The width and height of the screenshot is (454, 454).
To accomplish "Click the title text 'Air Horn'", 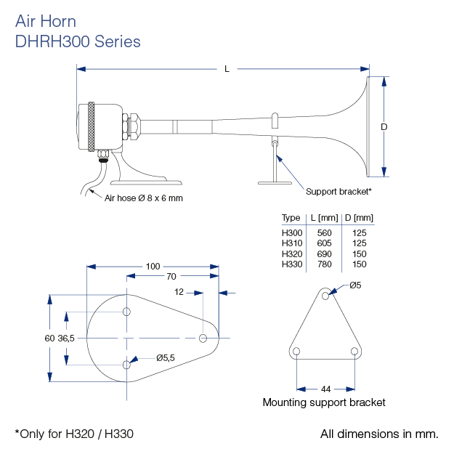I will click(45, 22).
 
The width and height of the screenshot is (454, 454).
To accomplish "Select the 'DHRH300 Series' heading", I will click(78, 41).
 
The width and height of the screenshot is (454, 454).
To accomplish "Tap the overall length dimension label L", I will click(227, 69).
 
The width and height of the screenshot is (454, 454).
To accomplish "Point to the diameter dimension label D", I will click(384, 127).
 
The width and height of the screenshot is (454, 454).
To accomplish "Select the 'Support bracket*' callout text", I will click(339, 192).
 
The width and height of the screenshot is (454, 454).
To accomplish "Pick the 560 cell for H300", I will click(324, 232).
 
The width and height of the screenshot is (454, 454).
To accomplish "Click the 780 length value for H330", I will click(324, 264).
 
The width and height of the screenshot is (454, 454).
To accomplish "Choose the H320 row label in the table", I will click(292, 254).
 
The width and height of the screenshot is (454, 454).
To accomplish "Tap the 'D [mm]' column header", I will click(359, 218).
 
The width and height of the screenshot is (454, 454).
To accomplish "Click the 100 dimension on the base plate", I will click(153, 267).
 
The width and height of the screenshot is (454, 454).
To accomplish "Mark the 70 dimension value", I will click(171, 277).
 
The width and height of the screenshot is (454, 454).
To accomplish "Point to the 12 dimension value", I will click(179, 292).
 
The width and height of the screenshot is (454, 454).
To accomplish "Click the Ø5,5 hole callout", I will click(167, 357).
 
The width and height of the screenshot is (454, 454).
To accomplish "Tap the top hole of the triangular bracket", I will click(325, 296).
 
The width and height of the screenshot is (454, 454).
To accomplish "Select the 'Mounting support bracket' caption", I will click(324, 402).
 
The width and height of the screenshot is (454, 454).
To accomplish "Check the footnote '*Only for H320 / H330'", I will click(74, 434).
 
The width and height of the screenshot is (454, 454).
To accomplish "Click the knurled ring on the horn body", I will click(91, 127).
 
